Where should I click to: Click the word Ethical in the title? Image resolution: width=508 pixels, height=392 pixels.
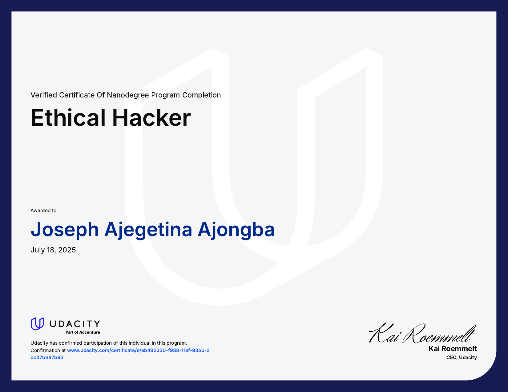68,118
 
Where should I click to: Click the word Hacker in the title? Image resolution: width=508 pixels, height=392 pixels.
151,118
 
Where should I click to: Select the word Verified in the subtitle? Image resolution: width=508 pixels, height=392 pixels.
44,95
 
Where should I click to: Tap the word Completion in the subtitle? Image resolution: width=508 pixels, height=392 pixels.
201,95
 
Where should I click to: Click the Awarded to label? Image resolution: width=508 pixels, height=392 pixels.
43,211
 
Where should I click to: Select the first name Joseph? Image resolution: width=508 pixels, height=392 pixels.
65,230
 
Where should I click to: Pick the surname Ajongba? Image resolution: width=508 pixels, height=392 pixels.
236,230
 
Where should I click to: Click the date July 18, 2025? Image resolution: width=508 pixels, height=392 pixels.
53,250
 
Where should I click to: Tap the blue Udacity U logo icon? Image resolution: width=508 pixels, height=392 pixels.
37,324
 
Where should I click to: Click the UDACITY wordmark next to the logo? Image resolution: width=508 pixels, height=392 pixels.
75,324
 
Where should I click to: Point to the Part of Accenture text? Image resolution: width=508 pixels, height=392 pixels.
83,332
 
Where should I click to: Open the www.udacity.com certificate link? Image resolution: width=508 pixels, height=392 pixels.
138,350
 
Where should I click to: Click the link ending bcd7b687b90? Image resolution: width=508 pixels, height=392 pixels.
47,358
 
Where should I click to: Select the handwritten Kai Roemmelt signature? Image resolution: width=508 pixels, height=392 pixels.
422,334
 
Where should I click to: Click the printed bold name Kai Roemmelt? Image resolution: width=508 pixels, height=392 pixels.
453,349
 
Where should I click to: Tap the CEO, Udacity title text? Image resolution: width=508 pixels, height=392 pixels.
462,358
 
